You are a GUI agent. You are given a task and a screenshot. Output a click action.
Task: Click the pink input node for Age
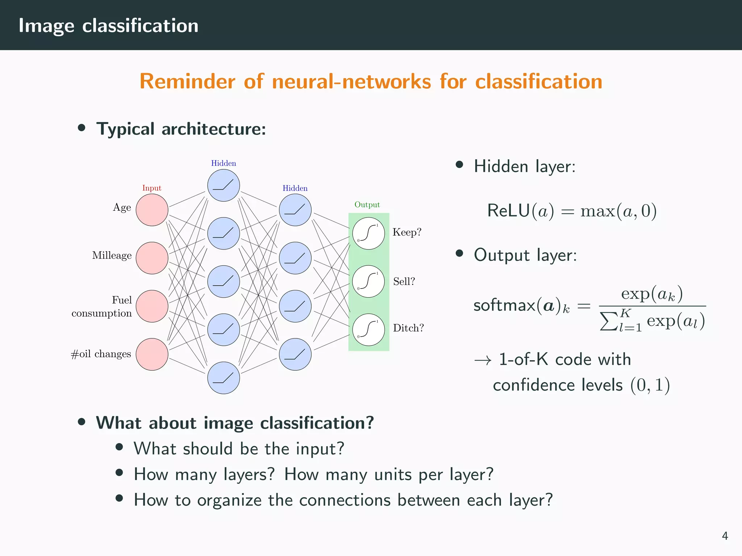(x=152, y=210)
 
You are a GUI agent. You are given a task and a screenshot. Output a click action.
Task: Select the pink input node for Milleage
(x=152, y=258)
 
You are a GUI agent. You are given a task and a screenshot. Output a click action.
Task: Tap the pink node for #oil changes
(x=152, y=354)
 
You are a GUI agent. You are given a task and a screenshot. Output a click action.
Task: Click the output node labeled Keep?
(x=368, y=233)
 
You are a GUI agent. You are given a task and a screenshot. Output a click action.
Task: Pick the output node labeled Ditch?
(x=368, y=330)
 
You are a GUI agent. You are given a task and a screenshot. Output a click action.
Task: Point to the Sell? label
(x=404, y=282)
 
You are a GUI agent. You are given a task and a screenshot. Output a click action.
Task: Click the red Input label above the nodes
(x=151, y=188)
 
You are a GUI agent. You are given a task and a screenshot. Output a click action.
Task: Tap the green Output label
(x=367, y=205)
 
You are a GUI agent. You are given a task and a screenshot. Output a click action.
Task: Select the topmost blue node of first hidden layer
(x=224, y=185)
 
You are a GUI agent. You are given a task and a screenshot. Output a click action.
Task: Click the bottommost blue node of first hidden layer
(x=224, y=378)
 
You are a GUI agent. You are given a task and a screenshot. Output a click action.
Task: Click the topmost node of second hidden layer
(x=295, y=210)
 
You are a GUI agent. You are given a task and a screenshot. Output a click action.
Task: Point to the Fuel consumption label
(x=102, y=307)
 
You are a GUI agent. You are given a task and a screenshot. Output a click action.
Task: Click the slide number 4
(x=725, y=536)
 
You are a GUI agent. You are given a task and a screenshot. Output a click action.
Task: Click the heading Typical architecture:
(x=181, y=129)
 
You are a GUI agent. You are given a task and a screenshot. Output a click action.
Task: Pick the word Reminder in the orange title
(x=187, y=81)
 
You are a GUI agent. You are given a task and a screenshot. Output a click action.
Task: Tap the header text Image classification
(x=109, y=26)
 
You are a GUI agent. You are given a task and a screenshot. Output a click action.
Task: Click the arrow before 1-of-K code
(x=483, y=361)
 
